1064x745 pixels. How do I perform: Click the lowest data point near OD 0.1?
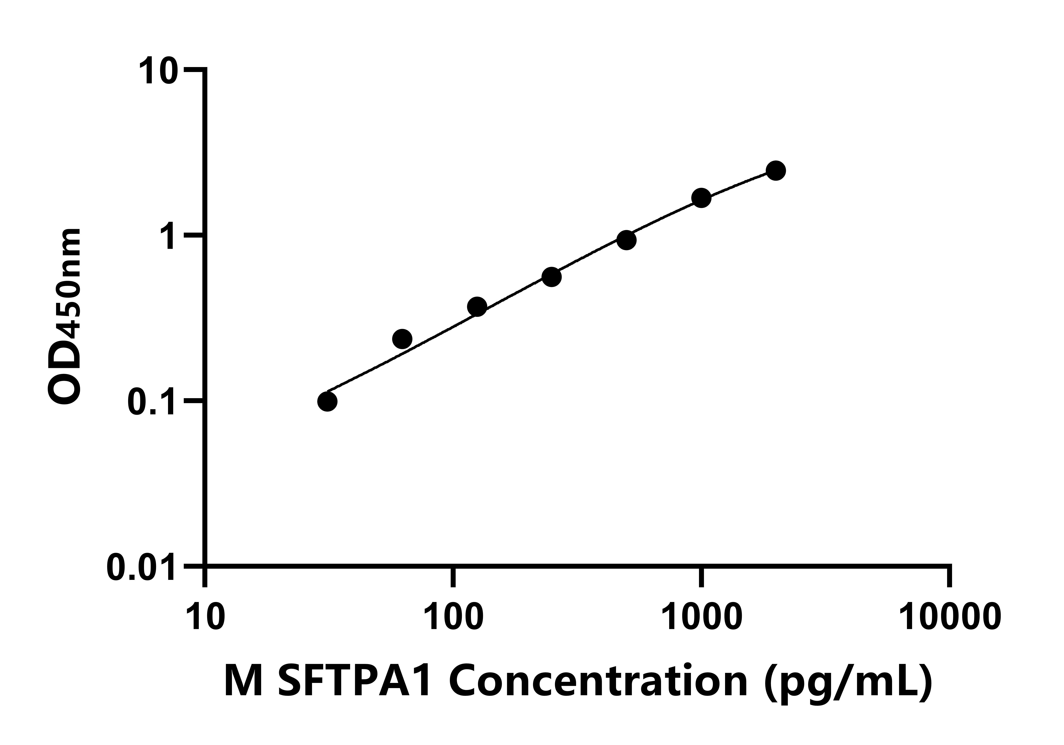(x=327, y=401)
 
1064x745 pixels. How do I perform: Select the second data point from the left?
(x=402, y=339)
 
